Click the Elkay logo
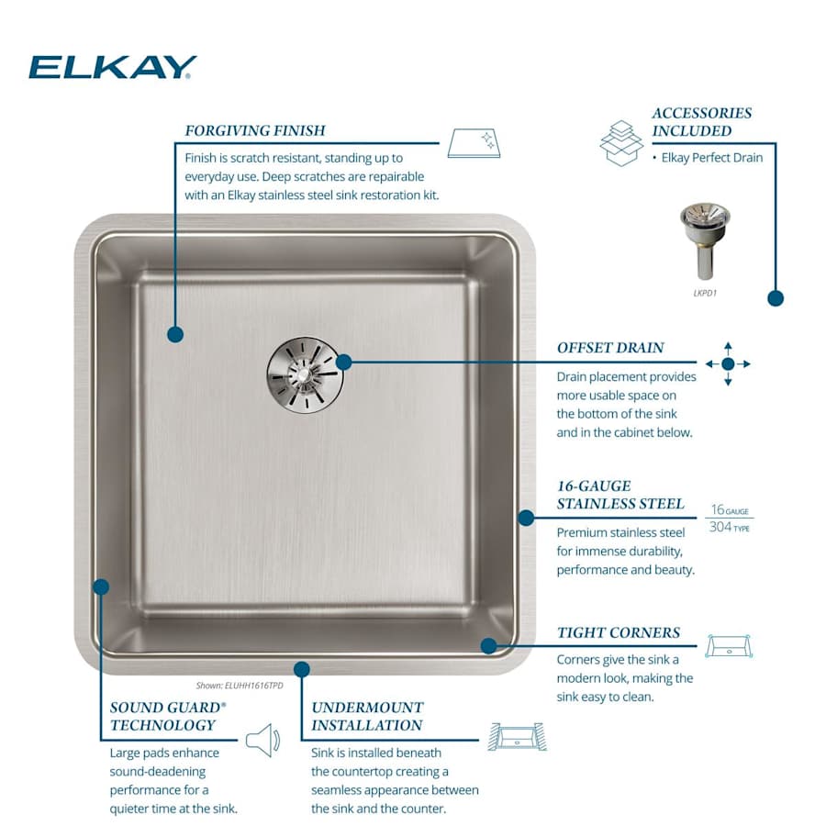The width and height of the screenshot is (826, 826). [112, 67]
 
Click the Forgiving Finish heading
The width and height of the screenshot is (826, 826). [255, 130]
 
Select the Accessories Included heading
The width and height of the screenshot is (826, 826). [701, 121]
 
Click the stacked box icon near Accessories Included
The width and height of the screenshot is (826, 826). [621, 142]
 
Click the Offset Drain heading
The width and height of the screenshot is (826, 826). [610, 348]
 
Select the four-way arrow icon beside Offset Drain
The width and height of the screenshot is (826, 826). [728, 363]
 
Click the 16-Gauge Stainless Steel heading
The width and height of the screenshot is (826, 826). [620, 495]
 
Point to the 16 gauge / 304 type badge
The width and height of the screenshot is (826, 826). [729, 519]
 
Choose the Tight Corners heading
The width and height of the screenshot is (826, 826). [619, 632]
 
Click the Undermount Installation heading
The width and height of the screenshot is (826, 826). [367, 716]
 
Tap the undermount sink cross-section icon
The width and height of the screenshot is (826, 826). [517, 736]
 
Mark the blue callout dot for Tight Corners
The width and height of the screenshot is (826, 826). [489, 645]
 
